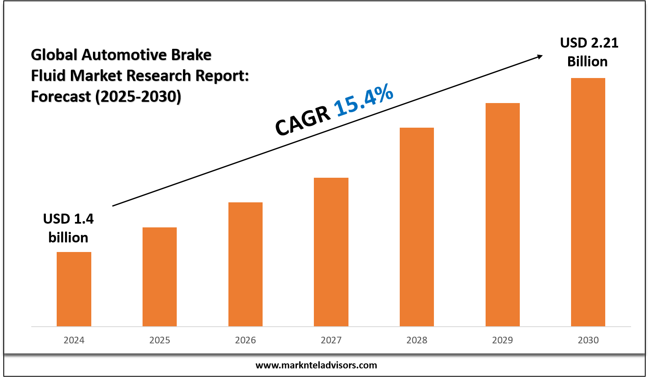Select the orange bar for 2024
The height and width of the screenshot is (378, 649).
[74, 289]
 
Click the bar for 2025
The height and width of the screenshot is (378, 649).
[160, 277]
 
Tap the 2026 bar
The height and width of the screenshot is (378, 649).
[246, 264]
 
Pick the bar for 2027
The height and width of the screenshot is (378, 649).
[331, 252]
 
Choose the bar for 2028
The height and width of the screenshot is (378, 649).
[417, 227]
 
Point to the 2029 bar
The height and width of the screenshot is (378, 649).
[502, 214]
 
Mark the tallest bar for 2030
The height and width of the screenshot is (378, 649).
[588, 202]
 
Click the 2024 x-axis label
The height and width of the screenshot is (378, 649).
[74, 340]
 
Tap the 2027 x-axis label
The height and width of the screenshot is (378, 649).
[331, 340]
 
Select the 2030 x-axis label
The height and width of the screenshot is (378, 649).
[588, 340]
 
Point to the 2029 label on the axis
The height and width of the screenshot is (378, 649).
[502, 340]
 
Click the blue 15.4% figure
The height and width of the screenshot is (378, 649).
[363, 100]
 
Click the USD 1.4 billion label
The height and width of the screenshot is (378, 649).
[68, 228]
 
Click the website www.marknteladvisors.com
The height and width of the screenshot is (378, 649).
[316, 365]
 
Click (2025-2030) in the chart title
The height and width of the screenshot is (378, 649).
[138, 96]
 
